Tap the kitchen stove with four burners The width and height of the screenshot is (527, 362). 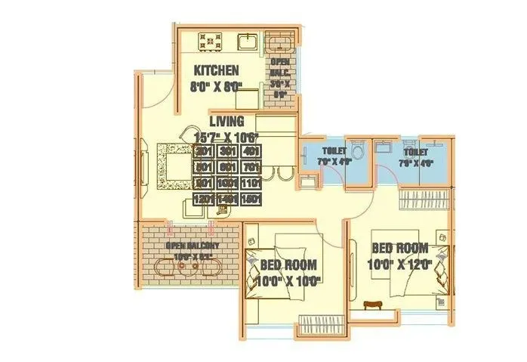(210, 41)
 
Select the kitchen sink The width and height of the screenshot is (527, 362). (248, 41)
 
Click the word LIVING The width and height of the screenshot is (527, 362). (227, 121)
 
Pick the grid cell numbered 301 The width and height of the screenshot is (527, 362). (227, 152)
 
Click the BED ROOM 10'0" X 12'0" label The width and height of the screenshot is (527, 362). (400, 256)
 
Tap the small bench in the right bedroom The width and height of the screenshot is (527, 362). (372, 305)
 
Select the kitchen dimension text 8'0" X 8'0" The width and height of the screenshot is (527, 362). (217, 86)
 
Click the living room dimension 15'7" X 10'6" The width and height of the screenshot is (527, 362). (227, 137)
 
